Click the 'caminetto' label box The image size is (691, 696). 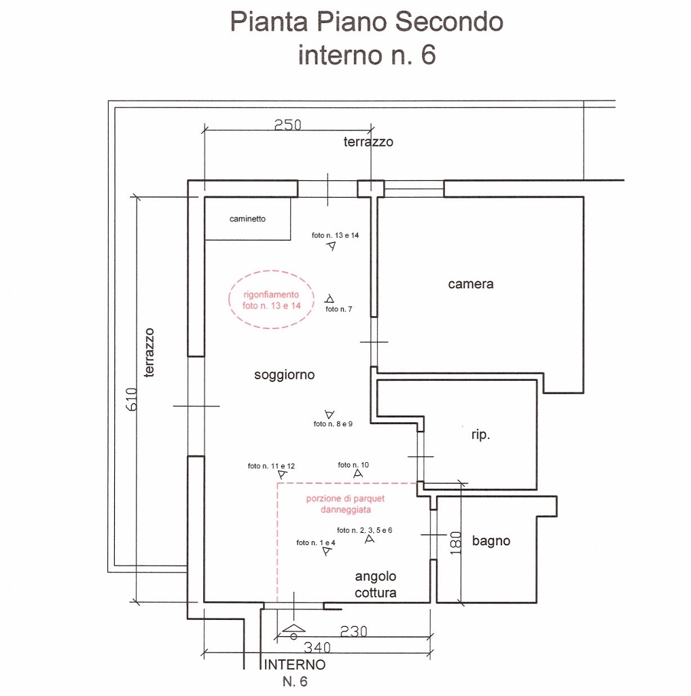click(247, 219)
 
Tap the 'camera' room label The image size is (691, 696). click(471, 284)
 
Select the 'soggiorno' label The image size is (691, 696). click(285, 375)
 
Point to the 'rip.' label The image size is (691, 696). click(480, 435)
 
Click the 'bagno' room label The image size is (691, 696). click(491, 541)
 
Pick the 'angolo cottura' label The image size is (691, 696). click(376, 585)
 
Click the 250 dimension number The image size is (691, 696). click(287, 125)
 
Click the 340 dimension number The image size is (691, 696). click(317, 648)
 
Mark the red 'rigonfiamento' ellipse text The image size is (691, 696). click(271, 300)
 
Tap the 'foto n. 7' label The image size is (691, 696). click(339, 309)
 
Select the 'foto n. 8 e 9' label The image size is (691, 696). click(333, 424)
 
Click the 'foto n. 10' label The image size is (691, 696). click(353, 465)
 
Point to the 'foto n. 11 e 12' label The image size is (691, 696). click(271, 466)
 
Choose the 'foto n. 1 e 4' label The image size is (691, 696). click(316, 542)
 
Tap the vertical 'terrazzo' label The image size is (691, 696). click(149, 353)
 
